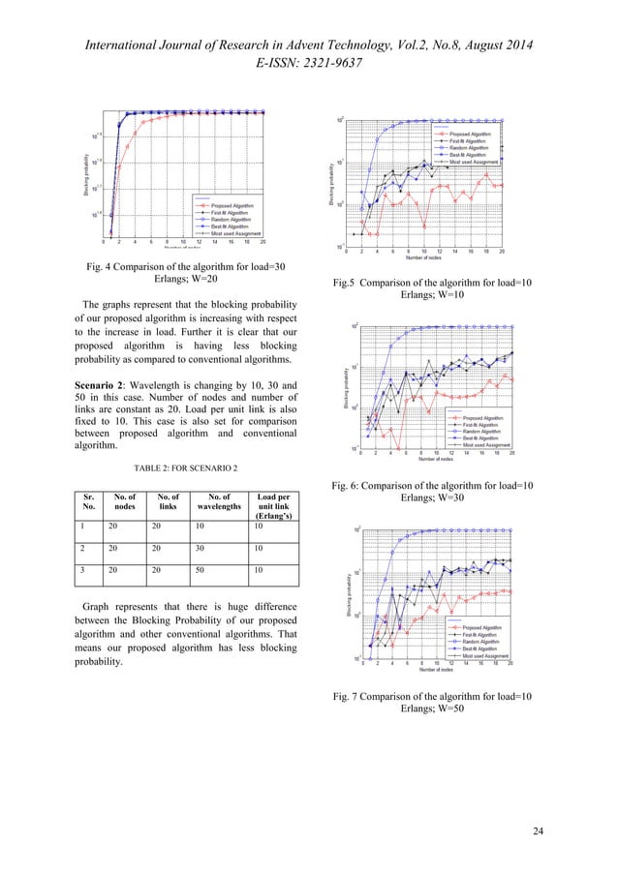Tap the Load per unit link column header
tap(273, 508)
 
